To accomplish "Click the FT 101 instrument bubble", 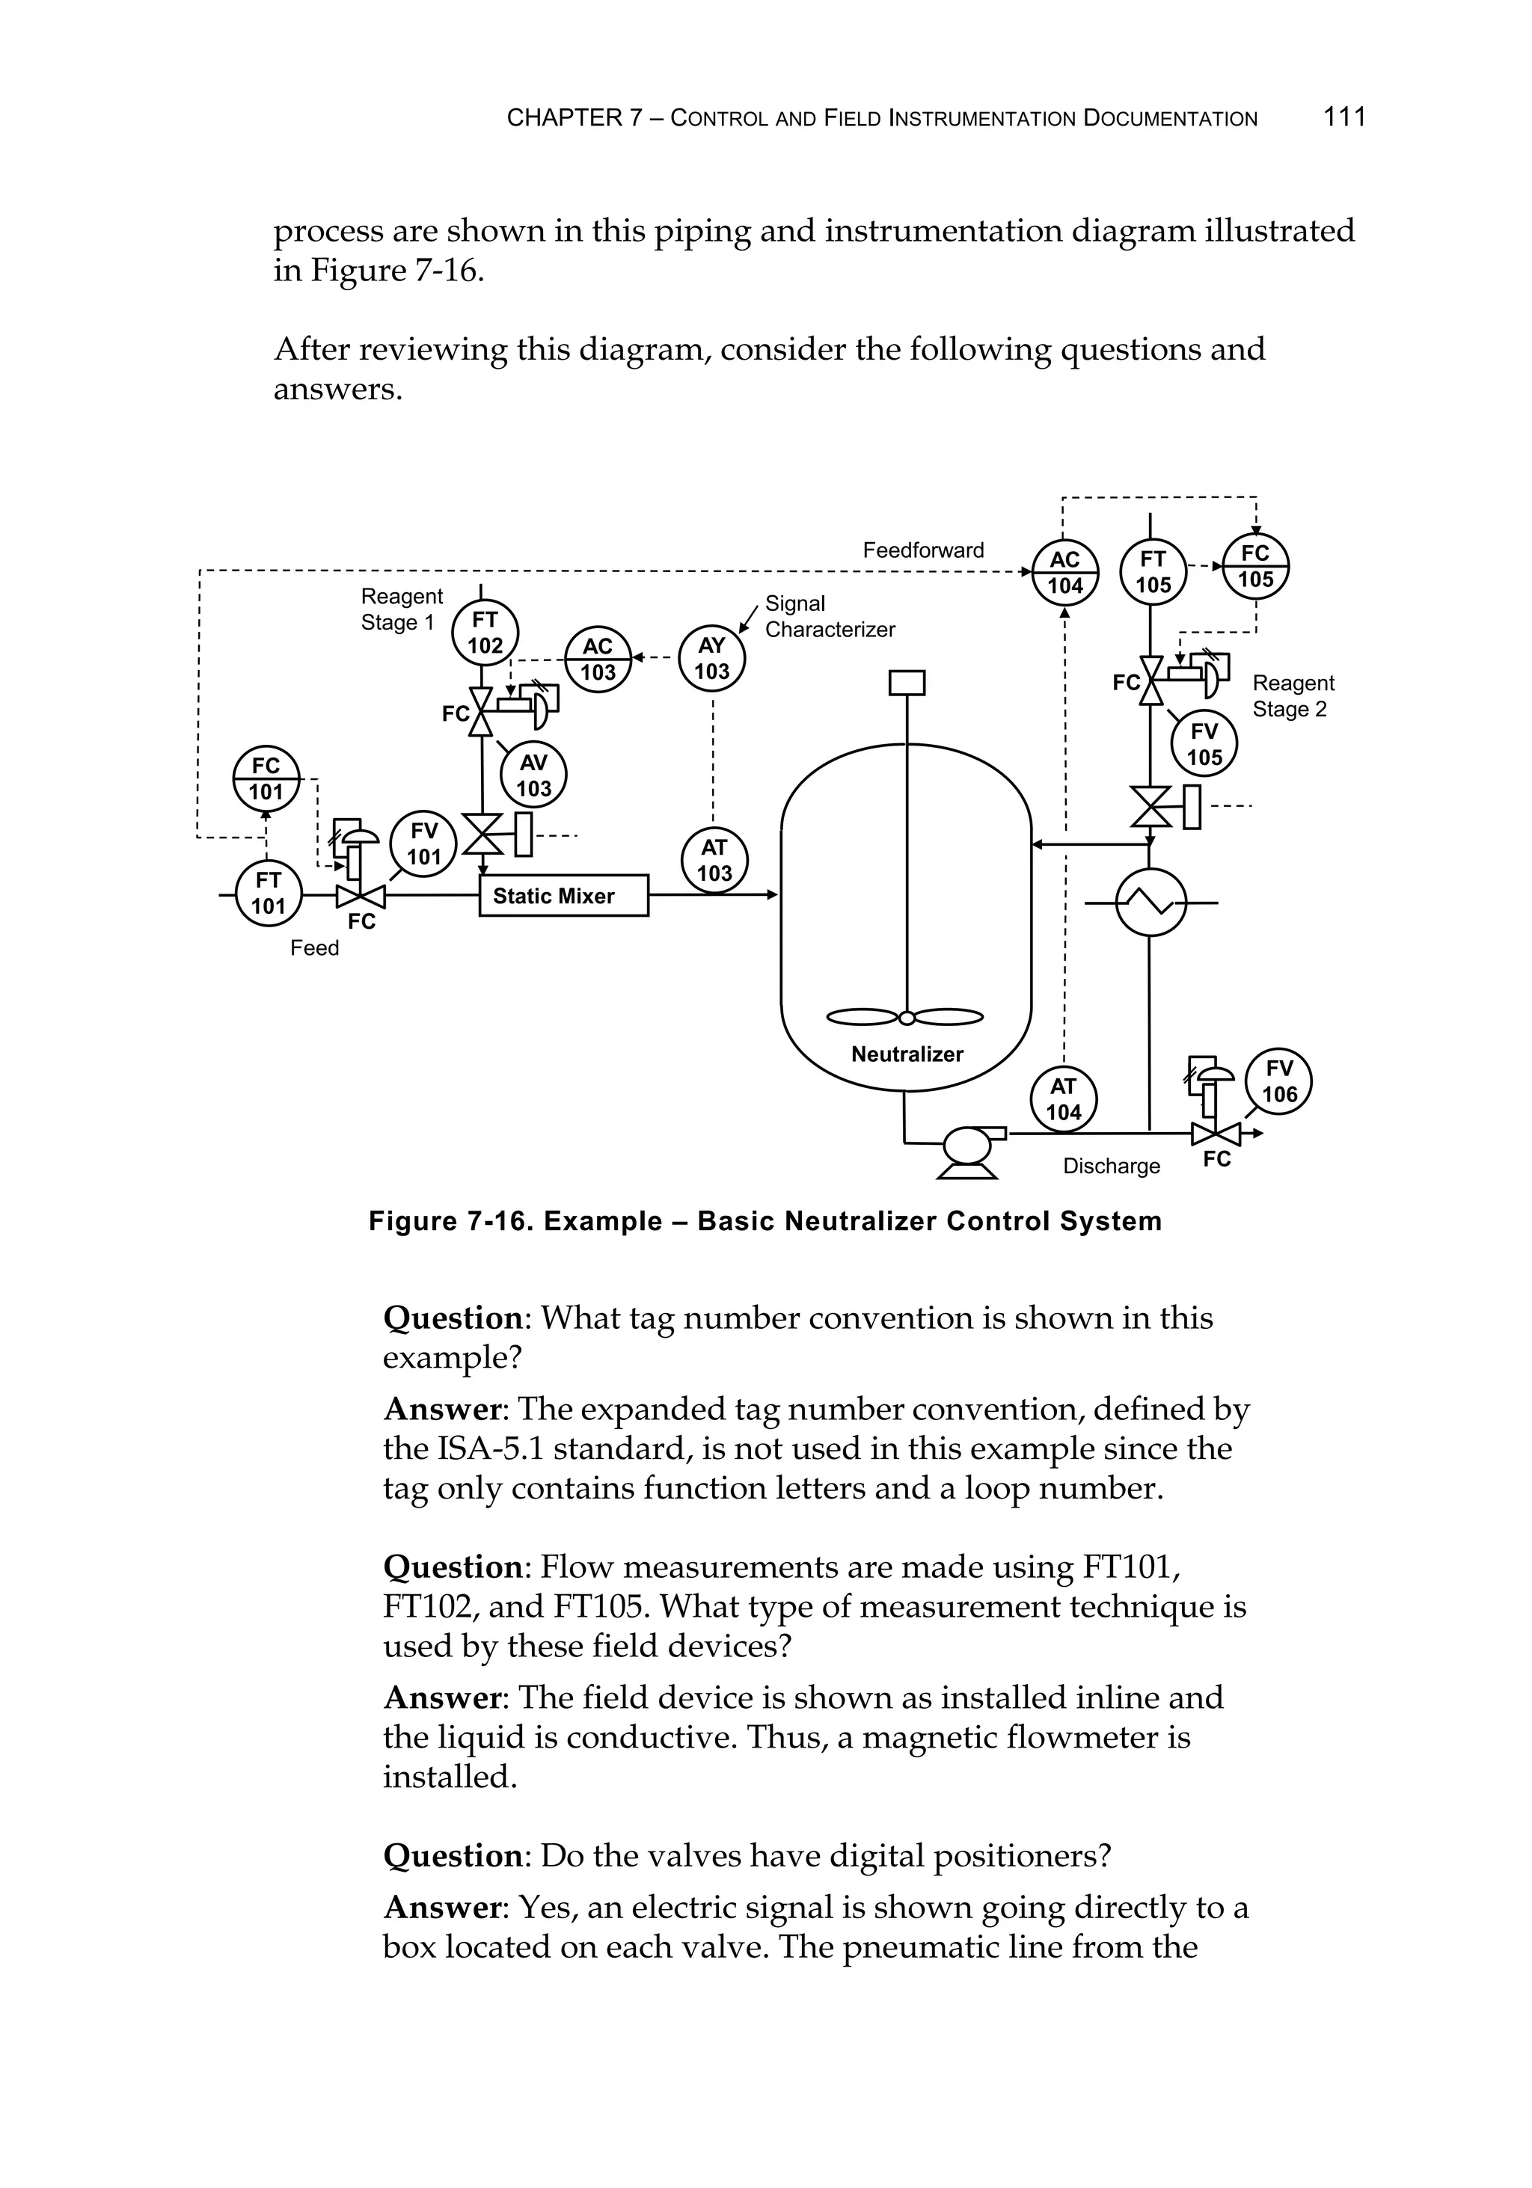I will [268, 893].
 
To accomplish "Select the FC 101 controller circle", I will [266, 778].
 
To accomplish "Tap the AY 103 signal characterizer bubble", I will [711, 657].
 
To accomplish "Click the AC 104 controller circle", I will [1065, 573].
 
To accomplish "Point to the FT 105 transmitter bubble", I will [1153, 573].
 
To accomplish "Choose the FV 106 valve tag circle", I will [1278, 1081].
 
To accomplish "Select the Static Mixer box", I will [563, 896].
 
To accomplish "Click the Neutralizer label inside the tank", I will [907, 1054].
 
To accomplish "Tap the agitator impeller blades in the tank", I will [906, 1017].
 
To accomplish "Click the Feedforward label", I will [923, 550].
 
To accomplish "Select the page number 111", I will [1344, 117].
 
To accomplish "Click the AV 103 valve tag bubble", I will [533, 775].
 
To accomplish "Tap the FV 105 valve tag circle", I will [1204, 744].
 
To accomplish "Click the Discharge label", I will [1111, 1166].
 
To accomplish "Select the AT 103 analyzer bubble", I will [714, 861].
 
